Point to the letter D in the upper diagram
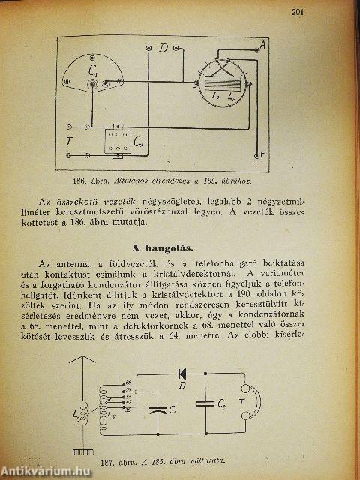pyautogui.click(x=163, y=49)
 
